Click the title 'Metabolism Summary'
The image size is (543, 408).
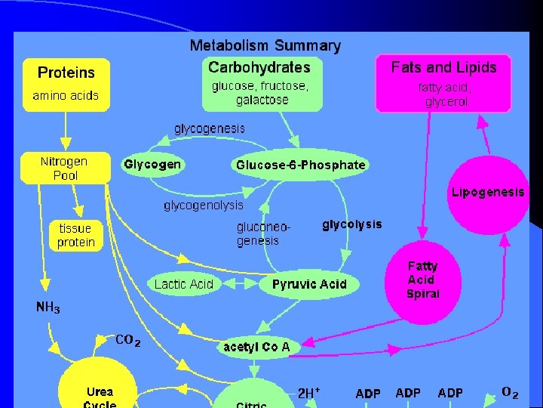pyautogui.click(x=265, y=46)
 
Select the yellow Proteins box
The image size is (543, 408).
pyautogui.click(x=66, y=83)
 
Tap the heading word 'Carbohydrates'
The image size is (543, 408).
pyautogui.click(x=259, y=68)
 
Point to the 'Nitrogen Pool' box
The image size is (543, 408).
pyautogui.click(x=65, y=168)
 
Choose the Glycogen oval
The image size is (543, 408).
pyautogui.click(x=152, y=165)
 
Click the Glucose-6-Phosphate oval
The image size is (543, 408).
pyautogui.click(x=300, y=165)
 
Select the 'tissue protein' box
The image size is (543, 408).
pyautogui.click(x=76, y=235)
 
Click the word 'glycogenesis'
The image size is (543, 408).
pyautogui.click(x=210, y=128)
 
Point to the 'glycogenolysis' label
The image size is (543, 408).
pyautogui.click(x=204, y=206)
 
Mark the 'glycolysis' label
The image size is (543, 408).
pyautogui.click(x=352, y=224)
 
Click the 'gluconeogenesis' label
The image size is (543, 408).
pyautogui.click(x=262, y=233)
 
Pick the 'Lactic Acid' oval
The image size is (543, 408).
pyautogui.click(x=184, y=284)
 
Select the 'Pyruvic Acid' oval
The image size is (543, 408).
pyautogui.click(x=309, y=284)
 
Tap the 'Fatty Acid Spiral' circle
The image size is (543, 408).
pyautogui.click(x=423, y=280)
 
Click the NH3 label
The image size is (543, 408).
pyautogui.click(x=48, y=308)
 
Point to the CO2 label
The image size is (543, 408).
pyautogui.click(x=127, y=341)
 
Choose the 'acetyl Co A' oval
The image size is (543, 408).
pyautogui.click(x=257, y=348)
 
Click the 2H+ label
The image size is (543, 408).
pyautogui.click(x=308, y=393)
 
